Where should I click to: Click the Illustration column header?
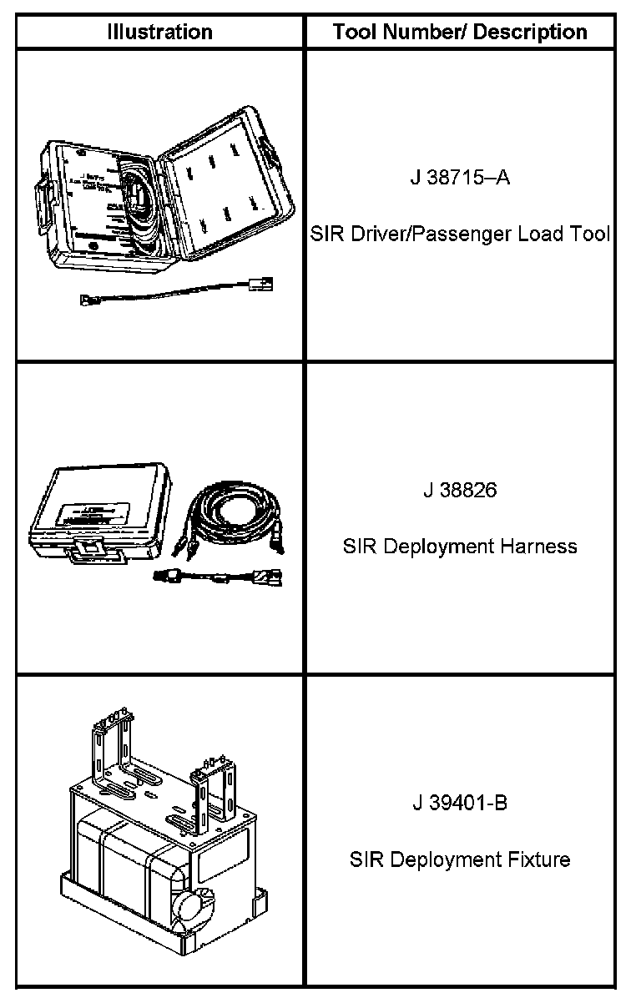160,33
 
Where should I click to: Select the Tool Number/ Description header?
460,33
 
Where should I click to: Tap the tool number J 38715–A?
459,179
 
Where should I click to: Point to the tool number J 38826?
459,490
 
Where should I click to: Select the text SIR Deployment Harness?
460,547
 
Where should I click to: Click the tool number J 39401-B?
459,803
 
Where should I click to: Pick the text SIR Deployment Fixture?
460,859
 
